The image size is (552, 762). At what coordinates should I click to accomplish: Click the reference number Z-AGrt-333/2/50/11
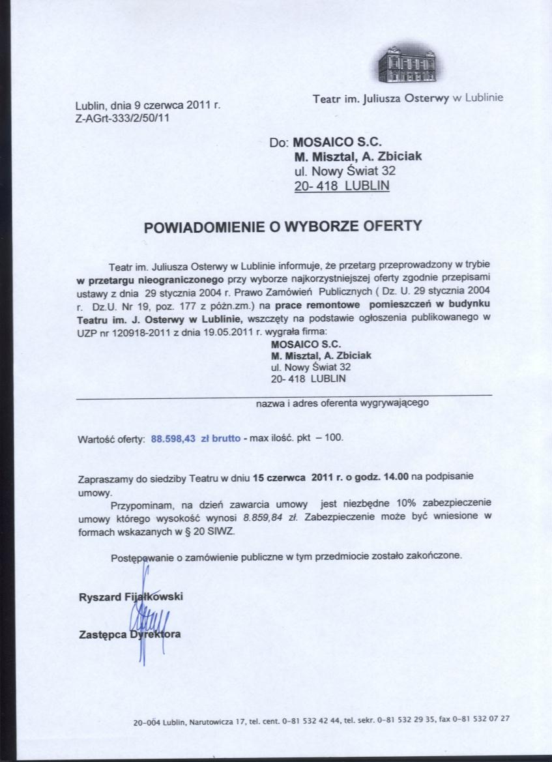[123, 118]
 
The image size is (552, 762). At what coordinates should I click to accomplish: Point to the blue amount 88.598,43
[173, 438]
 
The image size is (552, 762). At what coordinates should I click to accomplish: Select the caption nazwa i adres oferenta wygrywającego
[341, 403]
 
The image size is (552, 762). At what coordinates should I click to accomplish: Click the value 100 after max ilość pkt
[333, 438]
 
